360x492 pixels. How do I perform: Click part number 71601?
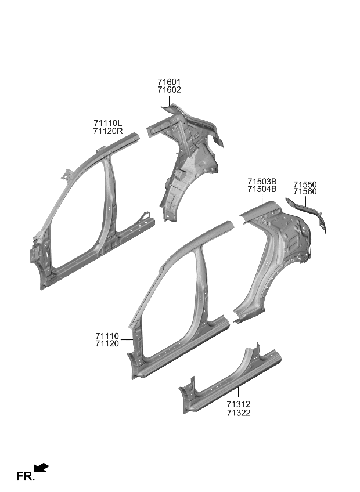169,82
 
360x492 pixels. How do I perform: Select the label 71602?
169,91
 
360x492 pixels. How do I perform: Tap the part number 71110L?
107,123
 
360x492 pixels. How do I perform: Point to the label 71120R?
108,131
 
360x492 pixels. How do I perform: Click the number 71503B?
262,181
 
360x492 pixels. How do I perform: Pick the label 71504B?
262,189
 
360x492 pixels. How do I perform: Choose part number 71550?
305,184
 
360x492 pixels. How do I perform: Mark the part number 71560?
305,192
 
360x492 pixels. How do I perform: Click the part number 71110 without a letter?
107,336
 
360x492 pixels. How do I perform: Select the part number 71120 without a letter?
107,344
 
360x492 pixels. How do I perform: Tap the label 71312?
239,404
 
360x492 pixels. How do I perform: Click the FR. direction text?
26,477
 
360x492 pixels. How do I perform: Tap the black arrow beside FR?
42,467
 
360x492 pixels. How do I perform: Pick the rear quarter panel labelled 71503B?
273,255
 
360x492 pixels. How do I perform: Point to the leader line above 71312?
239,393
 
